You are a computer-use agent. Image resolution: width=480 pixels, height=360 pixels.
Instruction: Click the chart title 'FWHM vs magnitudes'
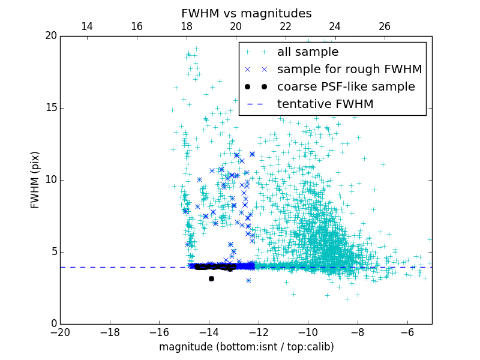coord(246,13)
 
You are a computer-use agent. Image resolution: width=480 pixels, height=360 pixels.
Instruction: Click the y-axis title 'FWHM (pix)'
coord(35,180)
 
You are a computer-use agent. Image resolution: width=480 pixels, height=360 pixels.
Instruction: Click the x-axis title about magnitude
coord(246,347)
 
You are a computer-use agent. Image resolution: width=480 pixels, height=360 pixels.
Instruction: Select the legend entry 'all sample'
coord(308,52)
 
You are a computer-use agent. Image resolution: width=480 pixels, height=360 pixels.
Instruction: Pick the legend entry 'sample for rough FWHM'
coord(349,70)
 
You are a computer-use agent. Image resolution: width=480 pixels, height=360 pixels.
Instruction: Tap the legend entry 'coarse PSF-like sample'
coord(346,87)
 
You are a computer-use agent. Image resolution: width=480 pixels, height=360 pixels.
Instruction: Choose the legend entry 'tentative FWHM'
coord(325,104)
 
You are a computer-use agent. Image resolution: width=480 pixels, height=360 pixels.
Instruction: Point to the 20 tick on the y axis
coord(50,36)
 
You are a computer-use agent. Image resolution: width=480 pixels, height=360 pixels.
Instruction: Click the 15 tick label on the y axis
coord(50,108)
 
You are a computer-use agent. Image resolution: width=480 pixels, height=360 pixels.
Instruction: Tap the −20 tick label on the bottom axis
coord(60,332)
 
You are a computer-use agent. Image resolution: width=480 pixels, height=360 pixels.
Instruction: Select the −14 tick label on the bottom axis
coord(209,332)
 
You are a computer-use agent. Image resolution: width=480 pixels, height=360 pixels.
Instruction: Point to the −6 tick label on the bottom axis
coord(407,332)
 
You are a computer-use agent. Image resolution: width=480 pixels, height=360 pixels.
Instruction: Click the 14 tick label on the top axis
coord(87,26)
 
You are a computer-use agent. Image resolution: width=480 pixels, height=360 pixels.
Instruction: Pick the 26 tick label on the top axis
coord(385,26)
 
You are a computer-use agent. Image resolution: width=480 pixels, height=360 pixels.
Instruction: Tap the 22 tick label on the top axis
coord(286,26)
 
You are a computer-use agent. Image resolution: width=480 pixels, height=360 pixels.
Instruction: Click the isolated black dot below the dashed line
coord(211,278)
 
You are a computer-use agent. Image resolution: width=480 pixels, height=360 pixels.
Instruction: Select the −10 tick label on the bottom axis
coord(308,332)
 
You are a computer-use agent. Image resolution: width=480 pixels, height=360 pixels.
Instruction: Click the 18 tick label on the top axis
coord(187,26)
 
